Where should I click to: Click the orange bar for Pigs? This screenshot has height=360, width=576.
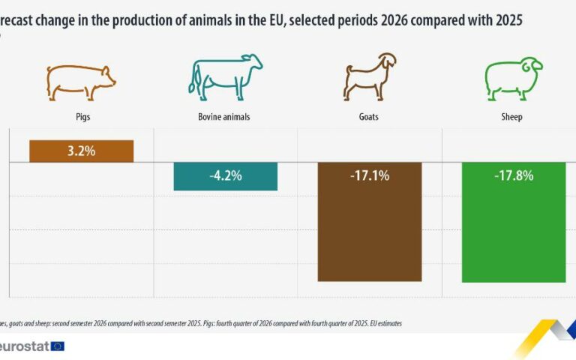coord(81,151)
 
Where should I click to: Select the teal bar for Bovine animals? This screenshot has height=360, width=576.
coord(225,176)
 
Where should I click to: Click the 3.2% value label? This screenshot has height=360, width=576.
coord(81,151)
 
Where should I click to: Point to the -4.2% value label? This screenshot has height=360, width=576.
coord(225,176)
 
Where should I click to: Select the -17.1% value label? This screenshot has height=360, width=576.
coord(370,176)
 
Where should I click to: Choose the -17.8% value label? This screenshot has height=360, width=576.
coord(514,176)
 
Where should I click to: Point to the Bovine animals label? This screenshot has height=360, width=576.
coord(224,117)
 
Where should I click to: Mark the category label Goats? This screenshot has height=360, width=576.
coord(369,117)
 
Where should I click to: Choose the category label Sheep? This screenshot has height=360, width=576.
coord(511,117)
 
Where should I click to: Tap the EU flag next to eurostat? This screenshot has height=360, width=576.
coord(58,346)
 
